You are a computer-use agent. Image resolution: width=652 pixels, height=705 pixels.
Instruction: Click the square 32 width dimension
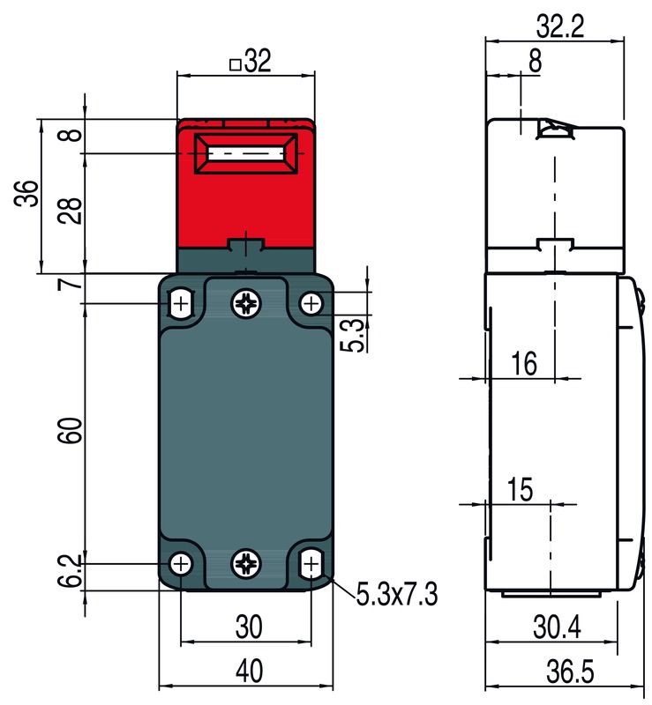pyautogui.click(x=250, y=63)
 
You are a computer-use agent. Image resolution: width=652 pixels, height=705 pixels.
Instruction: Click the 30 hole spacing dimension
pyautogui.click(x=249, y=627)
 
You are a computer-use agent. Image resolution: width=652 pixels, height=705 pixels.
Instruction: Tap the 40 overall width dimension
pyautogui.click(x=249, y=672)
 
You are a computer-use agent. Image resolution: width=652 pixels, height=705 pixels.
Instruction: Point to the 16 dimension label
pyautogui.click(x=524, y=364)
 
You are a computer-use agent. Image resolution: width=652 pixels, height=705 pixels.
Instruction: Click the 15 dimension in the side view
pyautogui.click(x=521, y=490)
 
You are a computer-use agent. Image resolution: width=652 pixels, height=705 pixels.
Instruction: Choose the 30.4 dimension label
pyautogui.click(x=558, y=627)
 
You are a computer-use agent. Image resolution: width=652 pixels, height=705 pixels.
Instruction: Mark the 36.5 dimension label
pyautogui.click(x=568, y=672)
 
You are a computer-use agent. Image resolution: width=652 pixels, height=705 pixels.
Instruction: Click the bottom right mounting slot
pyautogui.click(x=311, y=563)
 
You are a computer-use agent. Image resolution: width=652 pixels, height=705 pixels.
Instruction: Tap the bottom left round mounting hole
pyautogui.click(x=181, y=563)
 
